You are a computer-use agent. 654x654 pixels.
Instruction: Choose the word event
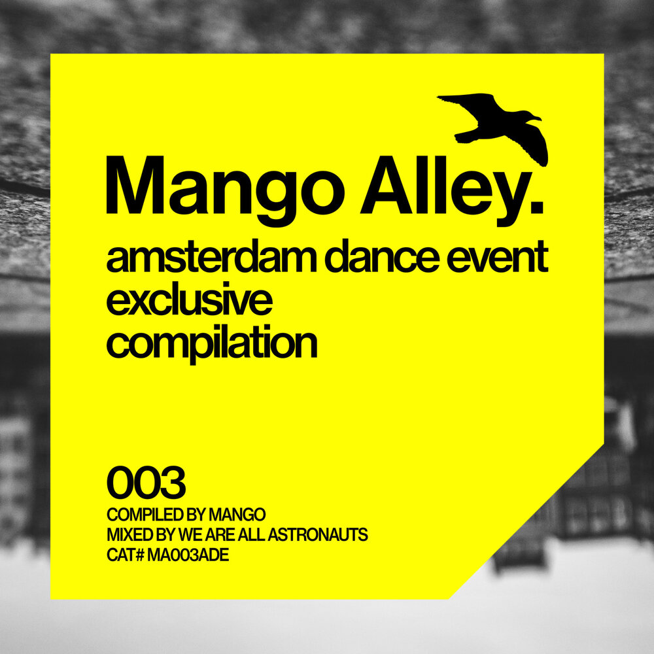point(501,260)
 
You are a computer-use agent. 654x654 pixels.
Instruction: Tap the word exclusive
point(189,301)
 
